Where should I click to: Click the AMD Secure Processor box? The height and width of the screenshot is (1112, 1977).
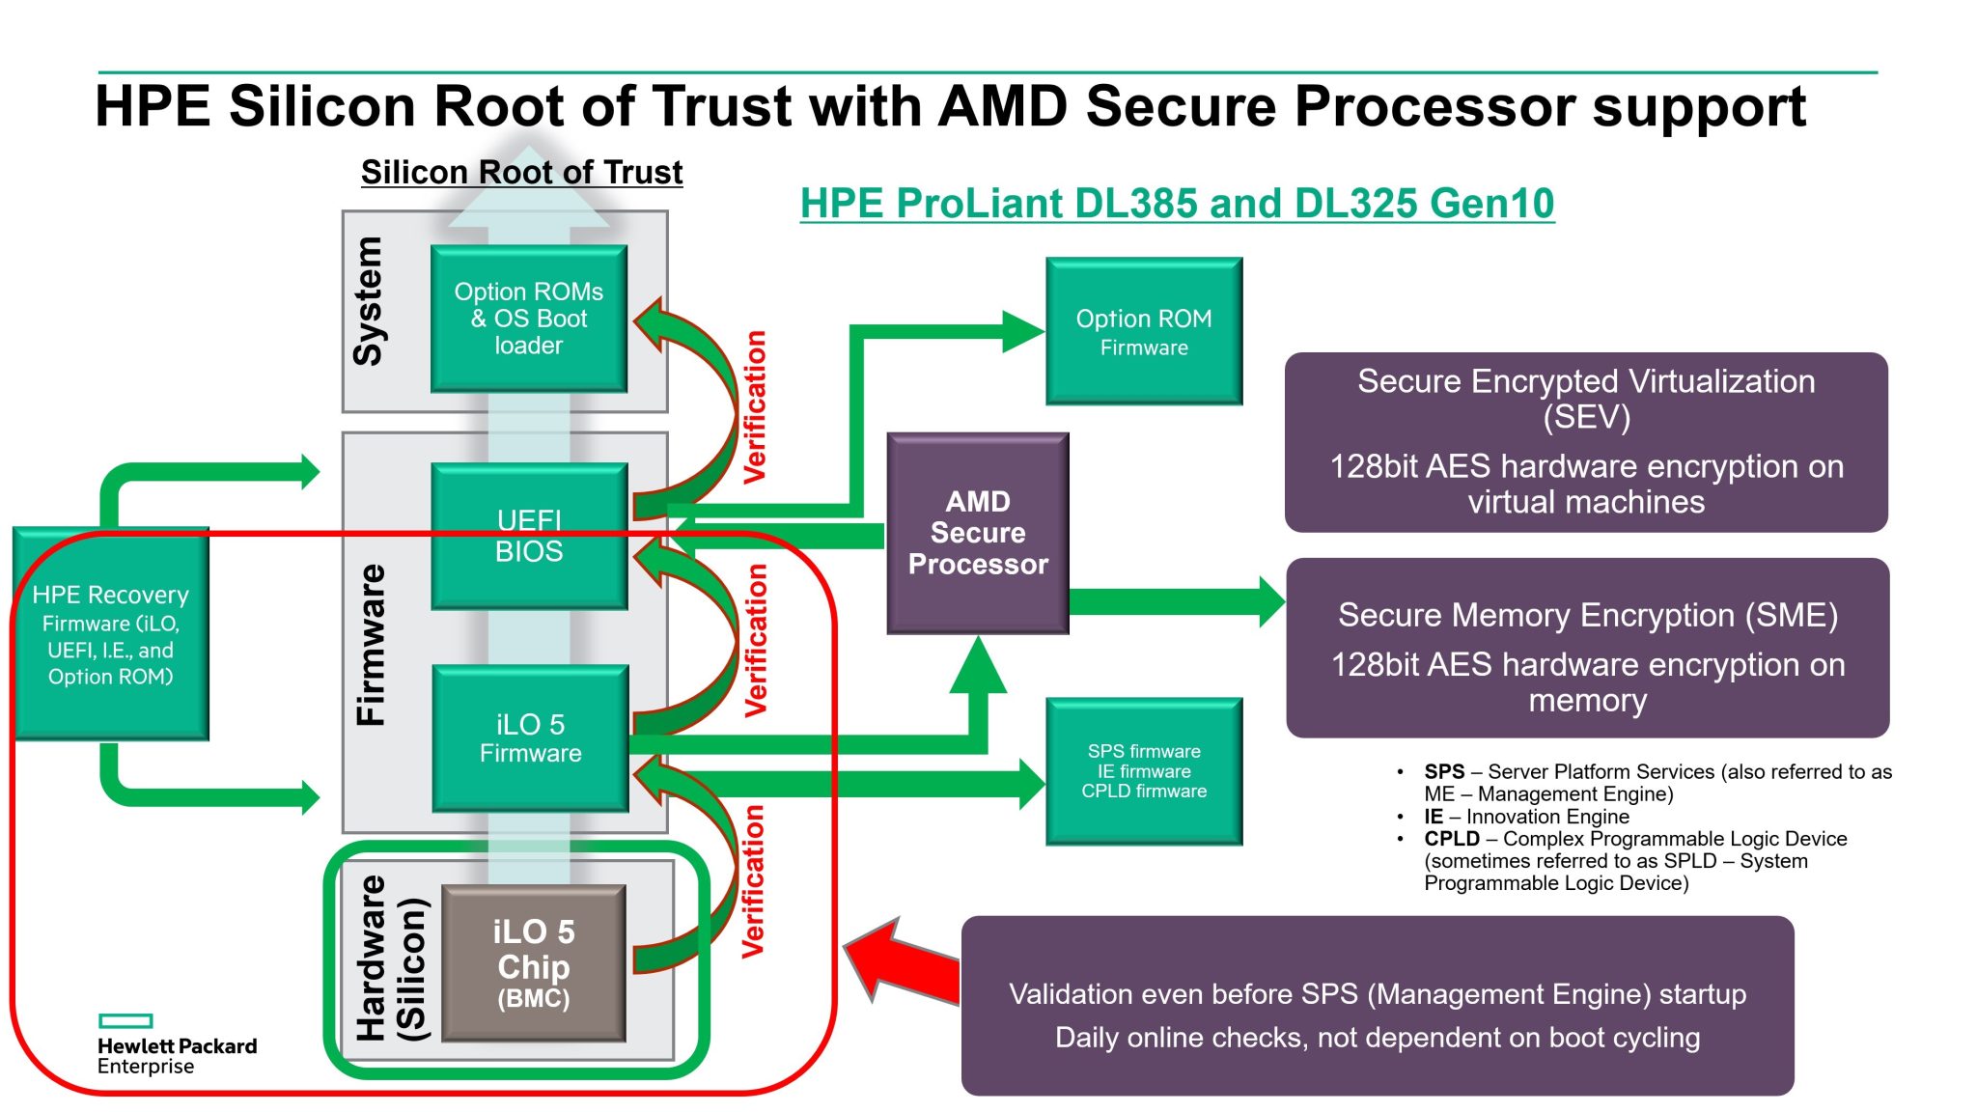click(977, 533)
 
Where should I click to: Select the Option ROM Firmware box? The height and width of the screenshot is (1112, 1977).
click(1144, 331)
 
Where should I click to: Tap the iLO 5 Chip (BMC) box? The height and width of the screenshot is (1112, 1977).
click(533, 962)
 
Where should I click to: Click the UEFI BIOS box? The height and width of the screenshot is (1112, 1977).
click(529, 537)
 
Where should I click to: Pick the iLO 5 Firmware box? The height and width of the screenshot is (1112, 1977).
click(530, 738)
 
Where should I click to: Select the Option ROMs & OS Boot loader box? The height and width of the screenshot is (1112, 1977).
click(529, 319)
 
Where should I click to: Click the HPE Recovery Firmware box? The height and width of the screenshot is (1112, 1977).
click(111, 634)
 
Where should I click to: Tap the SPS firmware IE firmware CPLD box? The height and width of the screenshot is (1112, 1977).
click(1144, 771)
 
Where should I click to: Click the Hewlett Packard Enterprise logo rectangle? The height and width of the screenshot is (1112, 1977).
click(125, 1021)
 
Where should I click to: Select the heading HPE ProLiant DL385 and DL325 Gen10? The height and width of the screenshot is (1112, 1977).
click(1177, 204)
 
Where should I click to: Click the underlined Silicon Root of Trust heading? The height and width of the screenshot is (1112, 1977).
click(521, 173)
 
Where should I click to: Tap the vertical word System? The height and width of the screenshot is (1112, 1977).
click(369, 301)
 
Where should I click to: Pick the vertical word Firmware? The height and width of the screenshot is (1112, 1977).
click(371, 645)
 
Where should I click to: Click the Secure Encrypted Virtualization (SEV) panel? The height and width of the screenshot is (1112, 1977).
click(1586, 442)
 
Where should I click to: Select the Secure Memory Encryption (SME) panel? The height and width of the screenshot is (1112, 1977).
click(1587, 648)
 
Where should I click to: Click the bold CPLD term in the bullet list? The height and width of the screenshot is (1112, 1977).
click(1451, 839)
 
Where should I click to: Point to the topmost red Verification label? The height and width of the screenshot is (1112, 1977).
click(755, 406)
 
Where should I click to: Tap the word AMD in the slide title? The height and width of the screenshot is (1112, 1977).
click(1001, 106)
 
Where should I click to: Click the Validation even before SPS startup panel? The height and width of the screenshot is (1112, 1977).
click(1377, 1006)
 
